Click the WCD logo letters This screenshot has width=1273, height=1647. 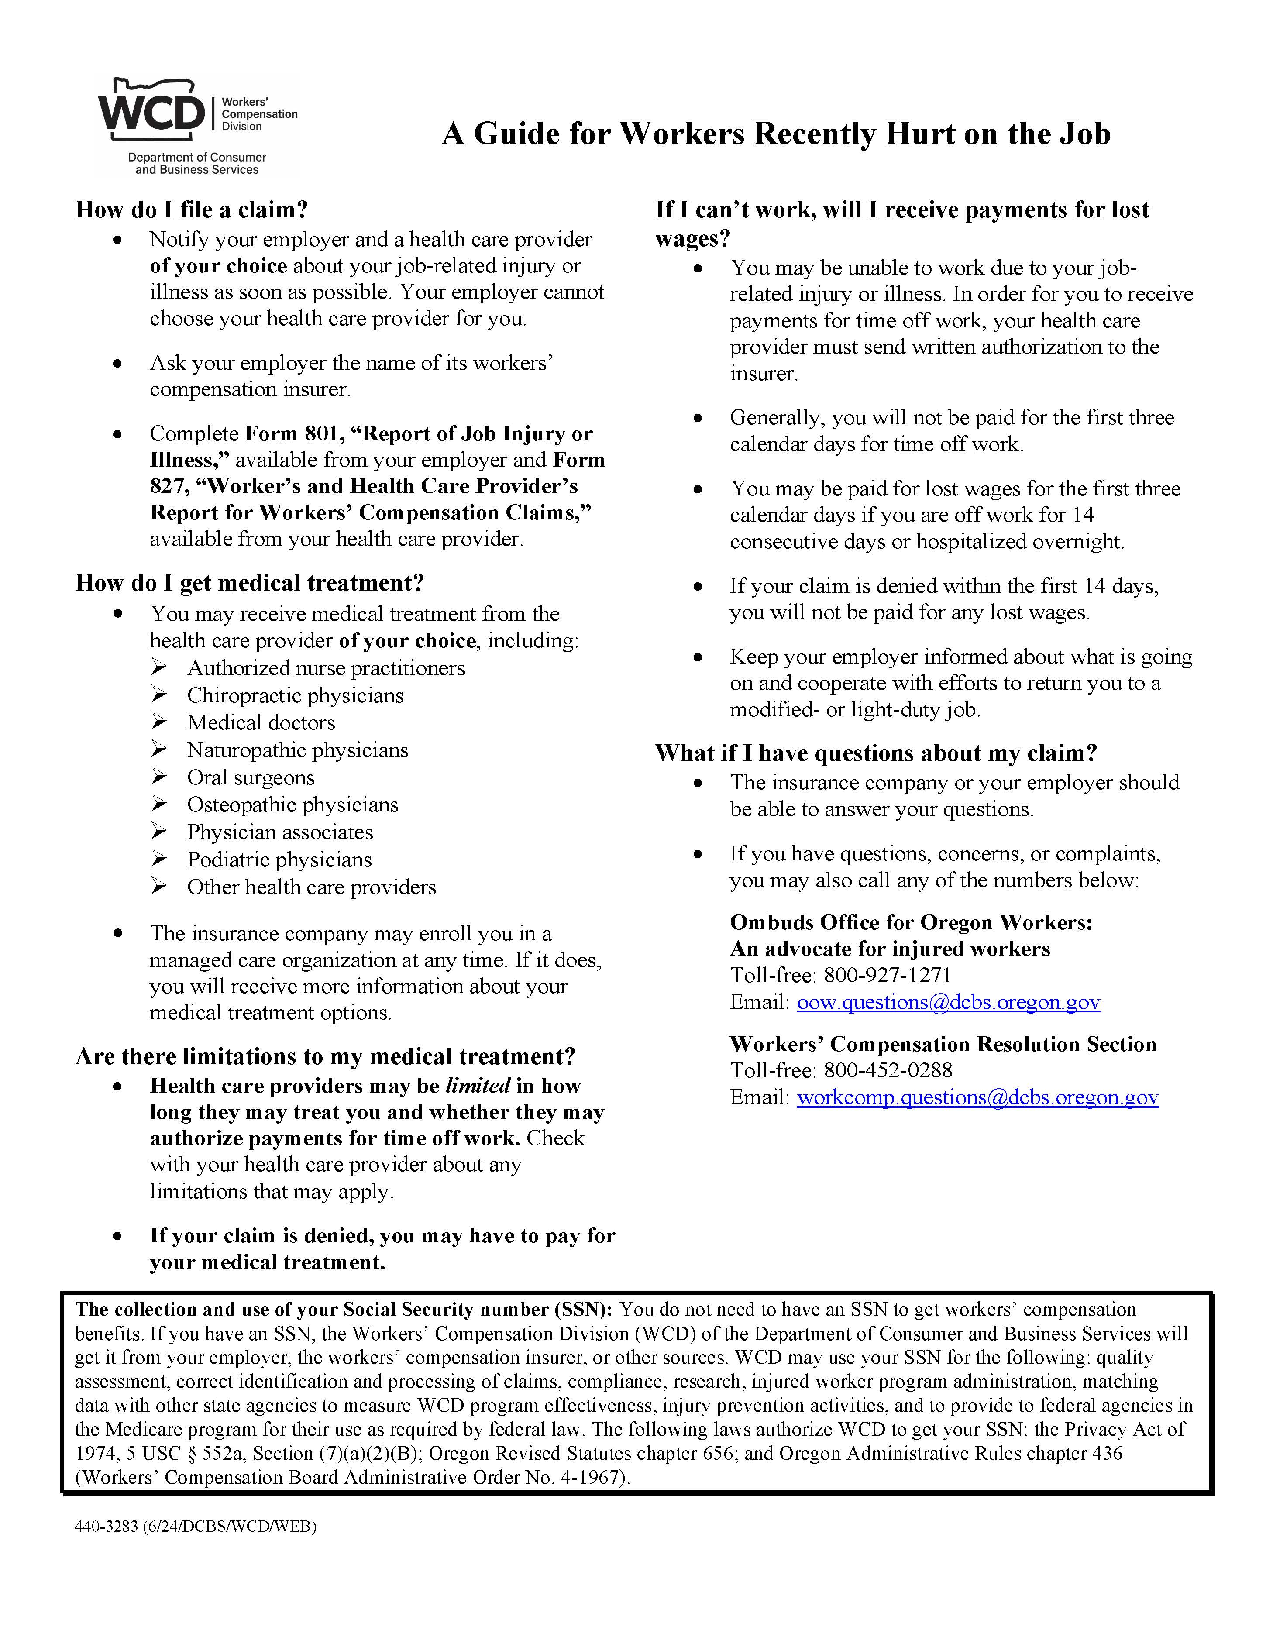151,113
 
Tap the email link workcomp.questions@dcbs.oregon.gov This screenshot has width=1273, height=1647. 977,1097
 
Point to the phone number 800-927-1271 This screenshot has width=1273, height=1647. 887,975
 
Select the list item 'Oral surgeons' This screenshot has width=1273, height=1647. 251,777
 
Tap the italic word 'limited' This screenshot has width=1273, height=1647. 478,1086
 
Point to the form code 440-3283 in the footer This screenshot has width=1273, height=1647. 107,1527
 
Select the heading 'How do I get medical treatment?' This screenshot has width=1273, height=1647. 250,583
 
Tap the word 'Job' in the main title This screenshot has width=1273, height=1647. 1084,134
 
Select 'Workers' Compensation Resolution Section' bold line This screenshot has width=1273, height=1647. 943,1045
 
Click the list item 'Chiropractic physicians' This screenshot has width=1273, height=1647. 295,695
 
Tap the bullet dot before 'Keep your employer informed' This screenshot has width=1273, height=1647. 698,657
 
